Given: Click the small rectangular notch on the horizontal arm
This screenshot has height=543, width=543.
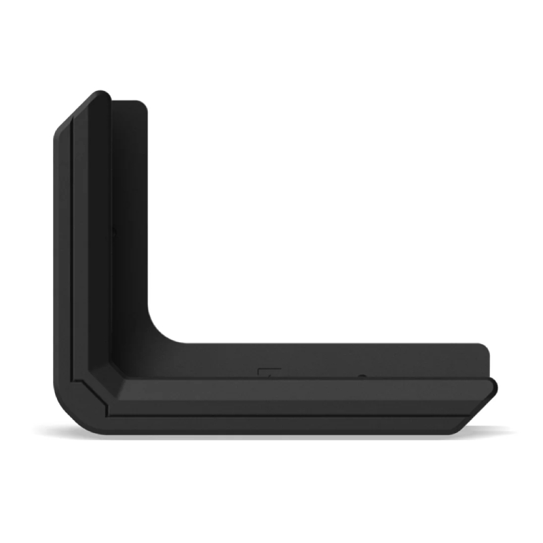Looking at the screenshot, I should [x=269, y=371].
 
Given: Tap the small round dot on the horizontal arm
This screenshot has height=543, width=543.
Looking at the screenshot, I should [x=362, y=375].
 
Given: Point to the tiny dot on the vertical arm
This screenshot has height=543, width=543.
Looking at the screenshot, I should [x=113, y=231].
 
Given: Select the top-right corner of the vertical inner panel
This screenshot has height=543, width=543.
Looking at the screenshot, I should [x=142, y=104].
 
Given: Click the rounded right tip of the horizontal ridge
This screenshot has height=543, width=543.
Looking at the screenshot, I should [x=494, y=386].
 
